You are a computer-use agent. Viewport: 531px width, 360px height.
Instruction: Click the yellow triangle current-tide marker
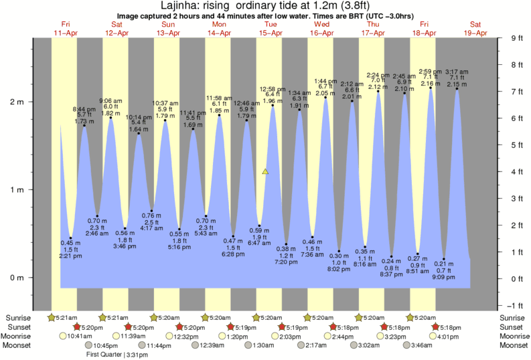[265, 172]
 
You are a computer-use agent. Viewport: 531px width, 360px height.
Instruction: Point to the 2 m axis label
[15, 102]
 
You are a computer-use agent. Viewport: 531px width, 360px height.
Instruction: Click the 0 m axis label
[15, 278]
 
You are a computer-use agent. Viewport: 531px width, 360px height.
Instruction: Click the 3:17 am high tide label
[457, 72]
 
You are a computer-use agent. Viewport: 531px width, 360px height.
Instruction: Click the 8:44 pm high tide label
[84, 108]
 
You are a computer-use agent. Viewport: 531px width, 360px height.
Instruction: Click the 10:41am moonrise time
[79, 337]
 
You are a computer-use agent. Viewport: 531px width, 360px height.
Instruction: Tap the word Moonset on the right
[512, 346]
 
